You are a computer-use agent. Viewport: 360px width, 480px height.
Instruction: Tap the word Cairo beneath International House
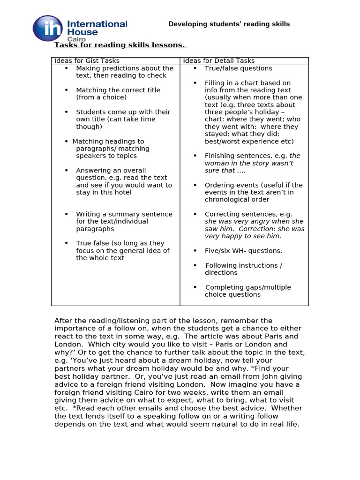coord(76,39)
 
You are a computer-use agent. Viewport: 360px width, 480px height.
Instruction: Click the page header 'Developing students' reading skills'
coord(229,24)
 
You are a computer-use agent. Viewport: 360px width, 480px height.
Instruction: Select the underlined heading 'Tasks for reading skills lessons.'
coord(121,45)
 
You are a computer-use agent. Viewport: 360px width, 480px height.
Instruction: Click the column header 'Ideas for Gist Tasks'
coord(87,61)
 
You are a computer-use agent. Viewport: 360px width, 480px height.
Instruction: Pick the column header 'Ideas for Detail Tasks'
coord(219,61)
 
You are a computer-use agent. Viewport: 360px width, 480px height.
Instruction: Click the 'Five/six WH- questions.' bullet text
coord(243,251)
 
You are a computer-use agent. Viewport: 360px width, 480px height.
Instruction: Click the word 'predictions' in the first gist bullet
coord(118,68)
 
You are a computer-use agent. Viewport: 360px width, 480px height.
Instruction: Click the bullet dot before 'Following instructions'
coord(195,265)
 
